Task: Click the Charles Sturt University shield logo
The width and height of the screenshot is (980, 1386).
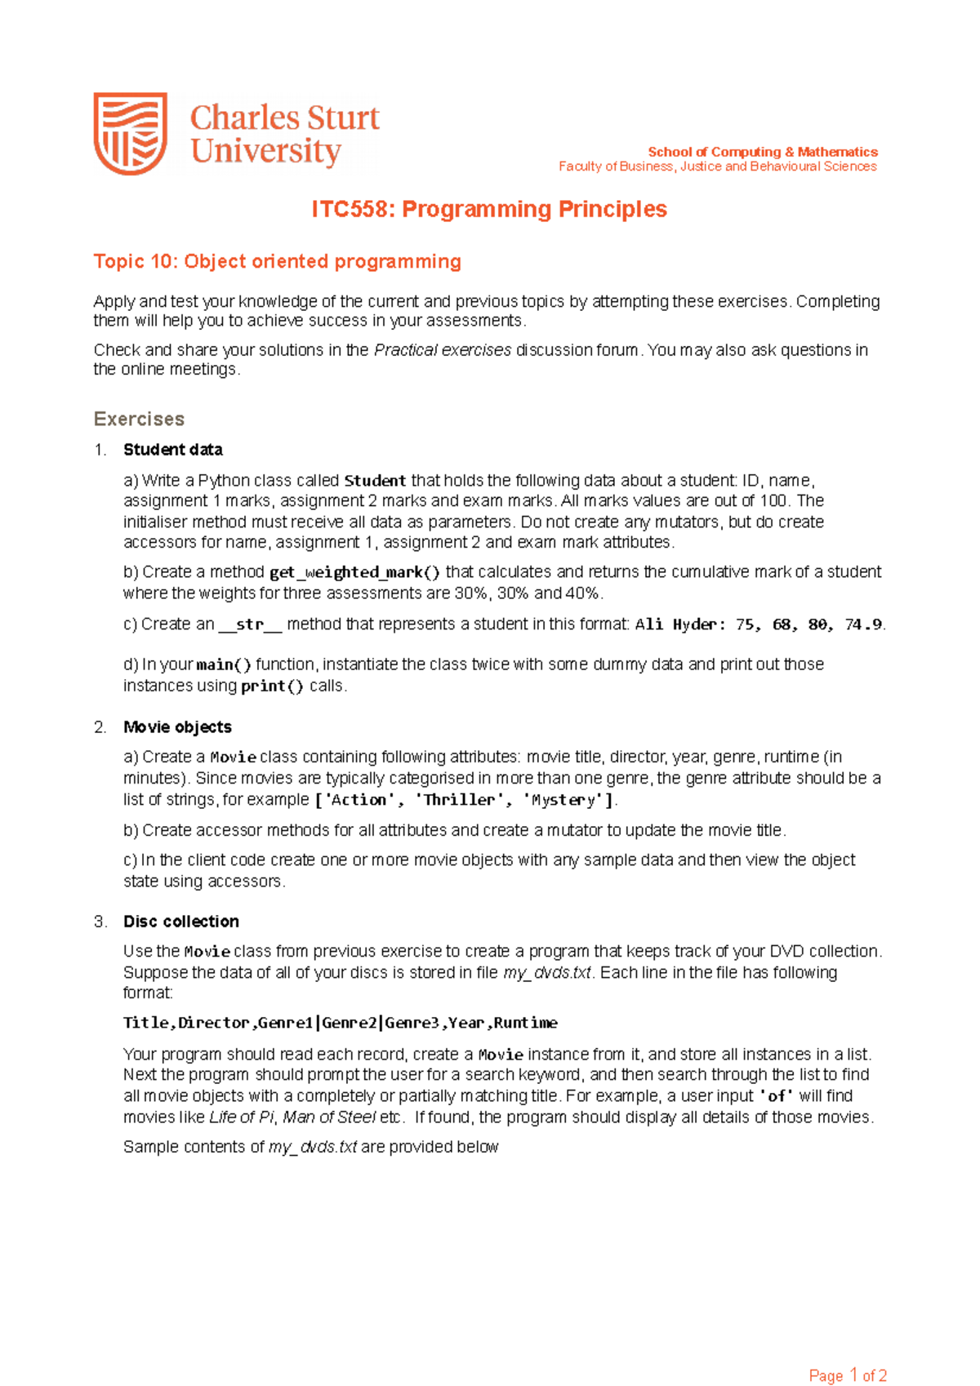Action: [x=131, y=133]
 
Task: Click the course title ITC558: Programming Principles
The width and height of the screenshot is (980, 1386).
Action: [x=489, y=210]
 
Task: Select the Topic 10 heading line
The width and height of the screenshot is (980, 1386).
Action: [x=277, y=261]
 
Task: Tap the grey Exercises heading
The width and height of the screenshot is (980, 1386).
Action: [x=139, y=419]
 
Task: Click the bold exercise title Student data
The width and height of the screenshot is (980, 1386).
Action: [x=172, y=450]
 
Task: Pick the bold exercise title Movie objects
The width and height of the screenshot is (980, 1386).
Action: [x=177, y=726]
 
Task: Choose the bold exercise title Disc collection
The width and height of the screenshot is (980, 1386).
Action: [x=181, y=921]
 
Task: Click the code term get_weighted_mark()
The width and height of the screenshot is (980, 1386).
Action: [x=354, y=572]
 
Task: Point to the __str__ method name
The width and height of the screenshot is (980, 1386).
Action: [x=250, y=624]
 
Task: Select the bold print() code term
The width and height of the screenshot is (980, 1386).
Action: [x=272, y=686]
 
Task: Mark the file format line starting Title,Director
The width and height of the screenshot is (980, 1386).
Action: [x=341, y=1023]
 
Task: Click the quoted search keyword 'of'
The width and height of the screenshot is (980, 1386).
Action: [x=776, y=1095]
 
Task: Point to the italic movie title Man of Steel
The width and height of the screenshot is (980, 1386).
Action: [x=329, y=1117]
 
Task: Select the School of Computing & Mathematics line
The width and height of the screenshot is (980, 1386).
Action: [x=763, y=152]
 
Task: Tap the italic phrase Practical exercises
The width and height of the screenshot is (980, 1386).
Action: [x=443, y=350]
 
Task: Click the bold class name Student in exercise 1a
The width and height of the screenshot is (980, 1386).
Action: [x=375, y=481]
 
